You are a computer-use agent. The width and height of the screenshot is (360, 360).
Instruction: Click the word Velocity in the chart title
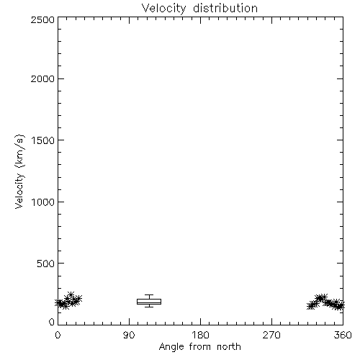tap(163, 9)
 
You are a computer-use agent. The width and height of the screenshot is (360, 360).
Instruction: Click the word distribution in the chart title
tap(225, 8)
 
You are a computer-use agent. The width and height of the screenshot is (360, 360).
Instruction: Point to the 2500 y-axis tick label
tap(42, 19)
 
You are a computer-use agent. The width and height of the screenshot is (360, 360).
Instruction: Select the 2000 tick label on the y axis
tap(42, 78)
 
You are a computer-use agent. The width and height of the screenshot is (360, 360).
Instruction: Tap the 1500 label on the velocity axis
tap(43, 140)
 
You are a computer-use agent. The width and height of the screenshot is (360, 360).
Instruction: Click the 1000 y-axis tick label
tap(43, 202)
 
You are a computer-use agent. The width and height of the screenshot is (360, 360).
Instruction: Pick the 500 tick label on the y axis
tap(46, 264)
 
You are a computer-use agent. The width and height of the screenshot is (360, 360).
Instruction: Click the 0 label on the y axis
tap(52, 322)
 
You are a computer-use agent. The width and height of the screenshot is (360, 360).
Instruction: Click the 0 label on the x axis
tap(58, 335)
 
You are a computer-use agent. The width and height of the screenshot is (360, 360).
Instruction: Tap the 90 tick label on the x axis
tap(129, 335)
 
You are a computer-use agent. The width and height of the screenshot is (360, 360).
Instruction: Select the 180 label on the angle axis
tap(200, 335)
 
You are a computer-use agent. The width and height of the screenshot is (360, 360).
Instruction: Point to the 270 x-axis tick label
tap(271, 335)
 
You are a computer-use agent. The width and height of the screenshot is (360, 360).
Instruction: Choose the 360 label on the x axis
tap(343, 335)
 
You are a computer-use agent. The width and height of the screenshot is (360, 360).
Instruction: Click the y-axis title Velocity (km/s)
tap(19, 171)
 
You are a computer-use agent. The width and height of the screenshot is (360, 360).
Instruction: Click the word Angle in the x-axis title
tap(171, 347)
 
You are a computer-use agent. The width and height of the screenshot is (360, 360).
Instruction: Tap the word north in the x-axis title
tap(229, 347)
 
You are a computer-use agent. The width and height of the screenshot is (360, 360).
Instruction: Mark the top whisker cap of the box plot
tap(149, 294)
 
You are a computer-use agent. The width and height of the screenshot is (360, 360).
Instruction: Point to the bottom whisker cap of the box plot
tap(149, 307)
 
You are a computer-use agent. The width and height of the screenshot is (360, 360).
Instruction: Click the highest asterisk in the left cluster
tap(71, 294)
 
